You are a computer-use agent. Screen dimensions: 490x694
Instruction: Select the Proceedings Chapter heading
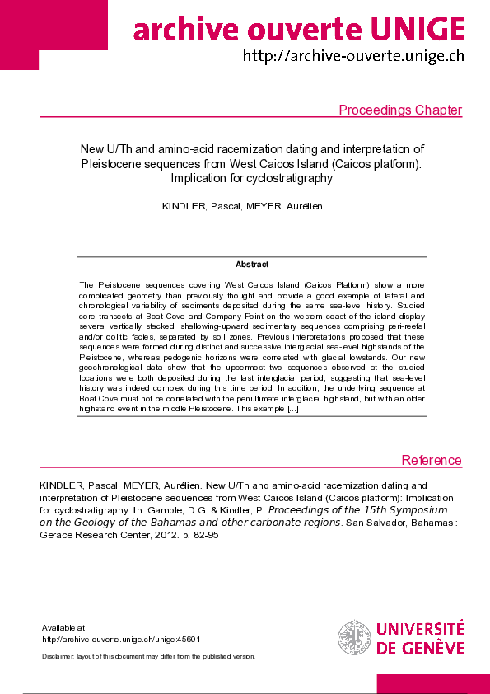[400, 110]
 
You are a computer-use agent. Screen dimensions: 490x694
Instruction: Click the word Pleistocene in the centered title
[135, 163]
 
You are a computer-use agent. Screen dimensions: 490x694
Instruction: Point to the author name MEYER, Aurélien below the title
[282, 205]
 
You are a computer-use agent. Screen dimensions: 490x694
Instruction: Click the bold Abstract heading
[252, 265]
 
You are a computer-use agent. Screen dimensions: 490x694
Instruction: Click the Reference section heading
[432, 460]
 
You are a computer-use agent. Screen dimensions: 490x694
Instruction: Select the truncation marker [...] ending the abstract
[292, 408]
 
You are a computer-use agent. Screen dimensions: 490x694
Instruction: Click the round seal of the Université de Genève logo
[354, 638]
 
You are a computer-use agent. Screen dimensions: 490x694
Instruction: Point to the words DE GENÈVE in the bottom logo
[420, 648]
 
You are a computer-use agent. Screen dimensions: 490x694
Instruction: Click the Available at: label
[63, 628]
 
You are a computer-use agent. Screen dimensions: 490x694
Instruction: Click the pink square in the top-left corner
[19, 35]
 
